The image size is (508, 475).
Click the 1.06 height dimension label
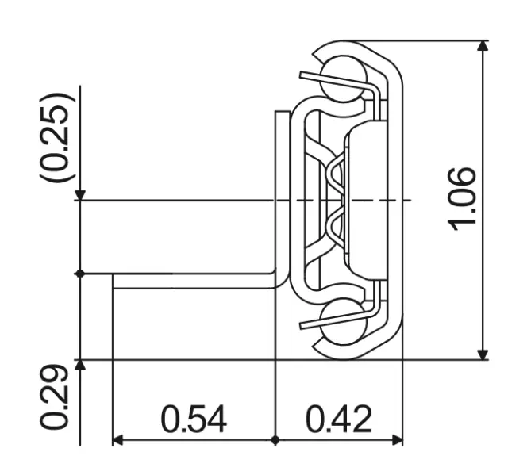[462, 199]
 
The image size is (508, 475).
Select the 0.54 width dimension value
[194, 419]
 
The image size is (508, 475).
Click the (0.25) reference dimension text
[58, 139]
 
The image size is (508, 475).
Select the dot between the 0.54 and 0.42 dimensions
[275, 439]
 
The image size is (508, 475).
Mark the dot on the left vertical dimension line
[79, 274]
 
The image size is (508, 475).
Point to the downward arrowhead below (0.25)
[79, 194]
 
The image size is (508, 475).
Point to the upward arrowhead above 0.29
[79, 366]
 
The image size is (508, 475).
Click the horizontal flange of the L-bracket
[190, 281]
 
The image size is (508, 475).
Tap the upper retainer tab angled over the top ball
[333, 80]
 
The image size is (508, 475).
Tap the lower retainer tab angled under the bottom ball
[333, 320]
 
